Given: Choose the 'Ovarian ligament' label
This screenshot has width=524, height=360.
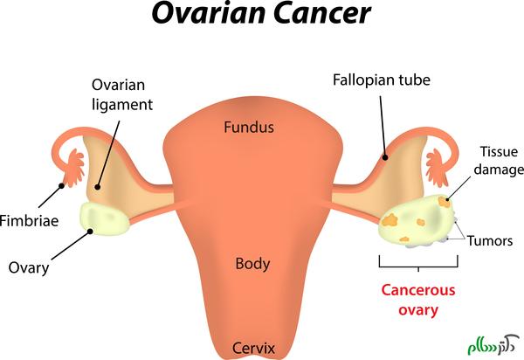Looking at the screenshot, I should tap(122, 96).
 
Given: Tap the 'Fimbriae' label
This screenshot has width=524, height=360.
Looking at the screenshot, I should tap(31, 221).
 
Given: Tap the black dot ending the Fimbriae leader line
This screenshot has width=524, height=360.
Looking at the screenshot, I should tap(61, 184).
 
